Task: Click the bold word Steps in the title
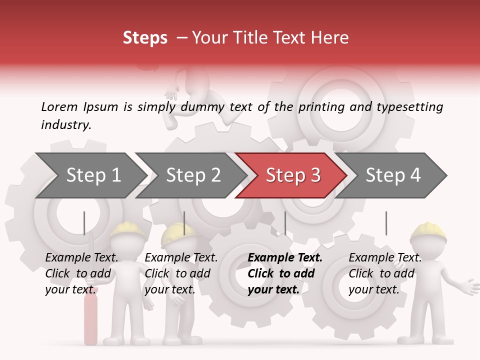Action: pos(145,38)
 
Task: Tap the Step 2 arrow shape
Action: pos(193,175)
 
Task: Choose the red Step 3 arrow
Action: pos(293,175)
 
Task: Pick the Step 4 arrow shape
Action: pos(393,175)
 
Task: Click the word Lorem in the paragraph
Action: pos(59,106)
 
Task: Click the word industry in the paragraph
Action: pos(65,124)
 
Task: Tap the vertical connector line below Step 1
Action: pos(84,223)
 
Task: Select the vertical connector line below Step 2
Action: pos(184,223)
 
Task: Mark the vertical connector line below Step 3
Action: pos(285,223)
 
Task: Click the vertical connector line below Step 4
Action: pos(386,223)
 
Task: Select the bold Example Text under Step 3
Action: pos(285,258)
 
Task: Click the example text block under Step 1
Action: pos(81,273)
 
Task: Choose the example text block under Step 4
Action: pos(385,273)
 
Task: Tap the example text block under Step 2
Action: pos(181,273)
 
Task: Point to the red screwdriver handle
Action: pos(90,320)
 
